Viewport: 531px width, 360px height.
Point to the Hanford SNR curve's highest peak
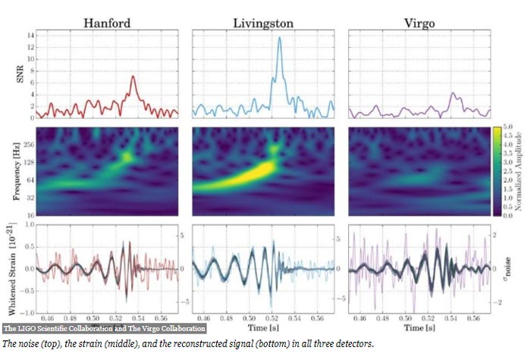coord(133,76)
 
